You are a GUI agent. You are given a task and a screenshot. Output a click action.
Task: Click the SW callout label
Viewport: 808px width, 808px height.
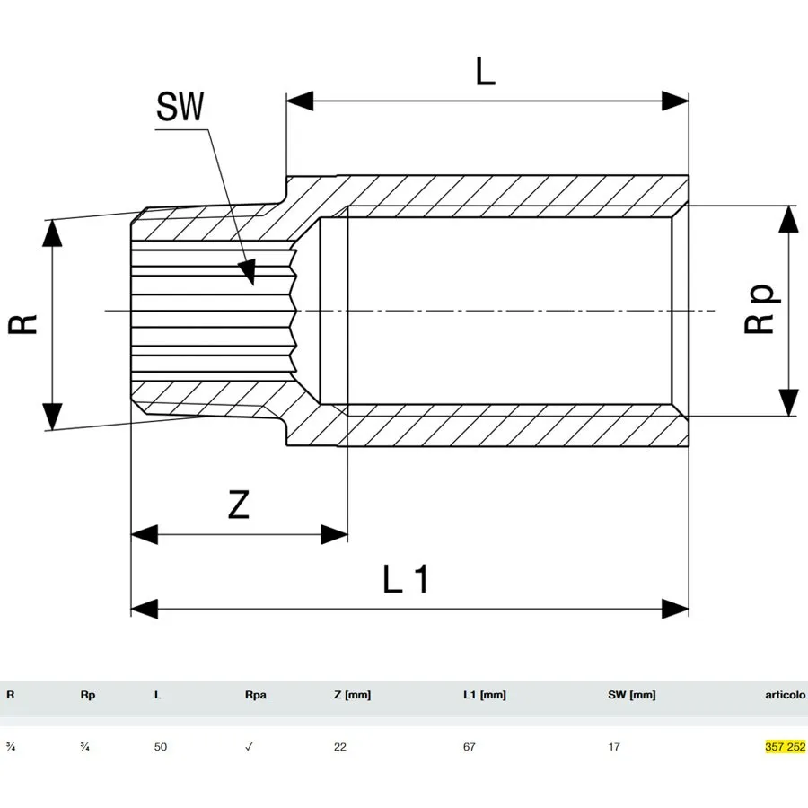coord(180,106)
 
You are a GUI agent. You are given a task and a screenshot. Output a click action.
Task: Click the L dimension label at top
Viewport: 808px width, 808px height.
coord(485,71)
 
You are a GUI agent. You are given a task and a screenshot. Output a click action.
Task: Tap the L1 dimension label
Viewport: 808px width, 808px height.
coord(406,579)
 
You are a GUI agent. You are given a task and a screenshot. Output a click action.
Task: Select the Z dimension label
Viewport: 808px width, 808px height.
coord(239,505)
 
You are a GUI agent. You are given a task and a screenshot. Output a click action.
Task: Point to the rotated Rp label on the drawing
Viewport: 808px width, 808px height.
coord(762,308)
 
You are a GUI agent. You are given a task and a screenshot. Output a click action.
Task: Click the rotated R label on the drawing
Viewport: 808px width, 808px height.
coord(22,324)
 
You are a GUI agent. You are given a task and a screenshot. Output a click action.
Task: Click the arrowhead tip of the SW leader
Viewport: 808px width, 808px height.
coord(252,285)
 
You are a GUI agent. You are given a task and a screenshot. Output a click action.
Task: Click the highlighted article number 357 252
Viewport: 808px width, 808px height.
coord(785,747)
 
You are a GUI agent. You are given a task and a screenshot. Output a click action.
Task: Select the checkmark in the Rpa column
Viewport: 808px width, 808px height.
coord(249,747)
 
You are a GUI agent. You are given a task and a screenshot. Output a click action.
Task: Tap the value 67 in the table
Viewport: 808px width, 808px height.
coord(469,747)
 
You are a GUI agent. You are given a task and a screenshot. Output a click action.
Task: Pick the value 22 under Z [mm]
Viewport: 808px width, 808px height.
coord(340,747)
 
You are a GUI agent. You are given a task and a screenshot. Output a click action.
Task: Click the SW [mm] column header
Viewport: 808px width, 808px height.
coord(632,695)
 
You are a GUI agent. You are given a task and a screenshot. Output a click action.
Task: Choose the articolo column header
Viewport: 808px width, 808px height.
coord(785,695)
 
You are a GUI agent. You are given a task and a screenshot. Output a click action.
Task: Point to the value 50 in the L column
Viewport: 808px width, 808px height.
coord(161,747)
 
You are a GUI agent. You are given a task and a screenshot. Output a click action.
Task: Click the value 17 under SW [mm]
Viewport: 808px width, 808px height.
coord(614,747)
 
